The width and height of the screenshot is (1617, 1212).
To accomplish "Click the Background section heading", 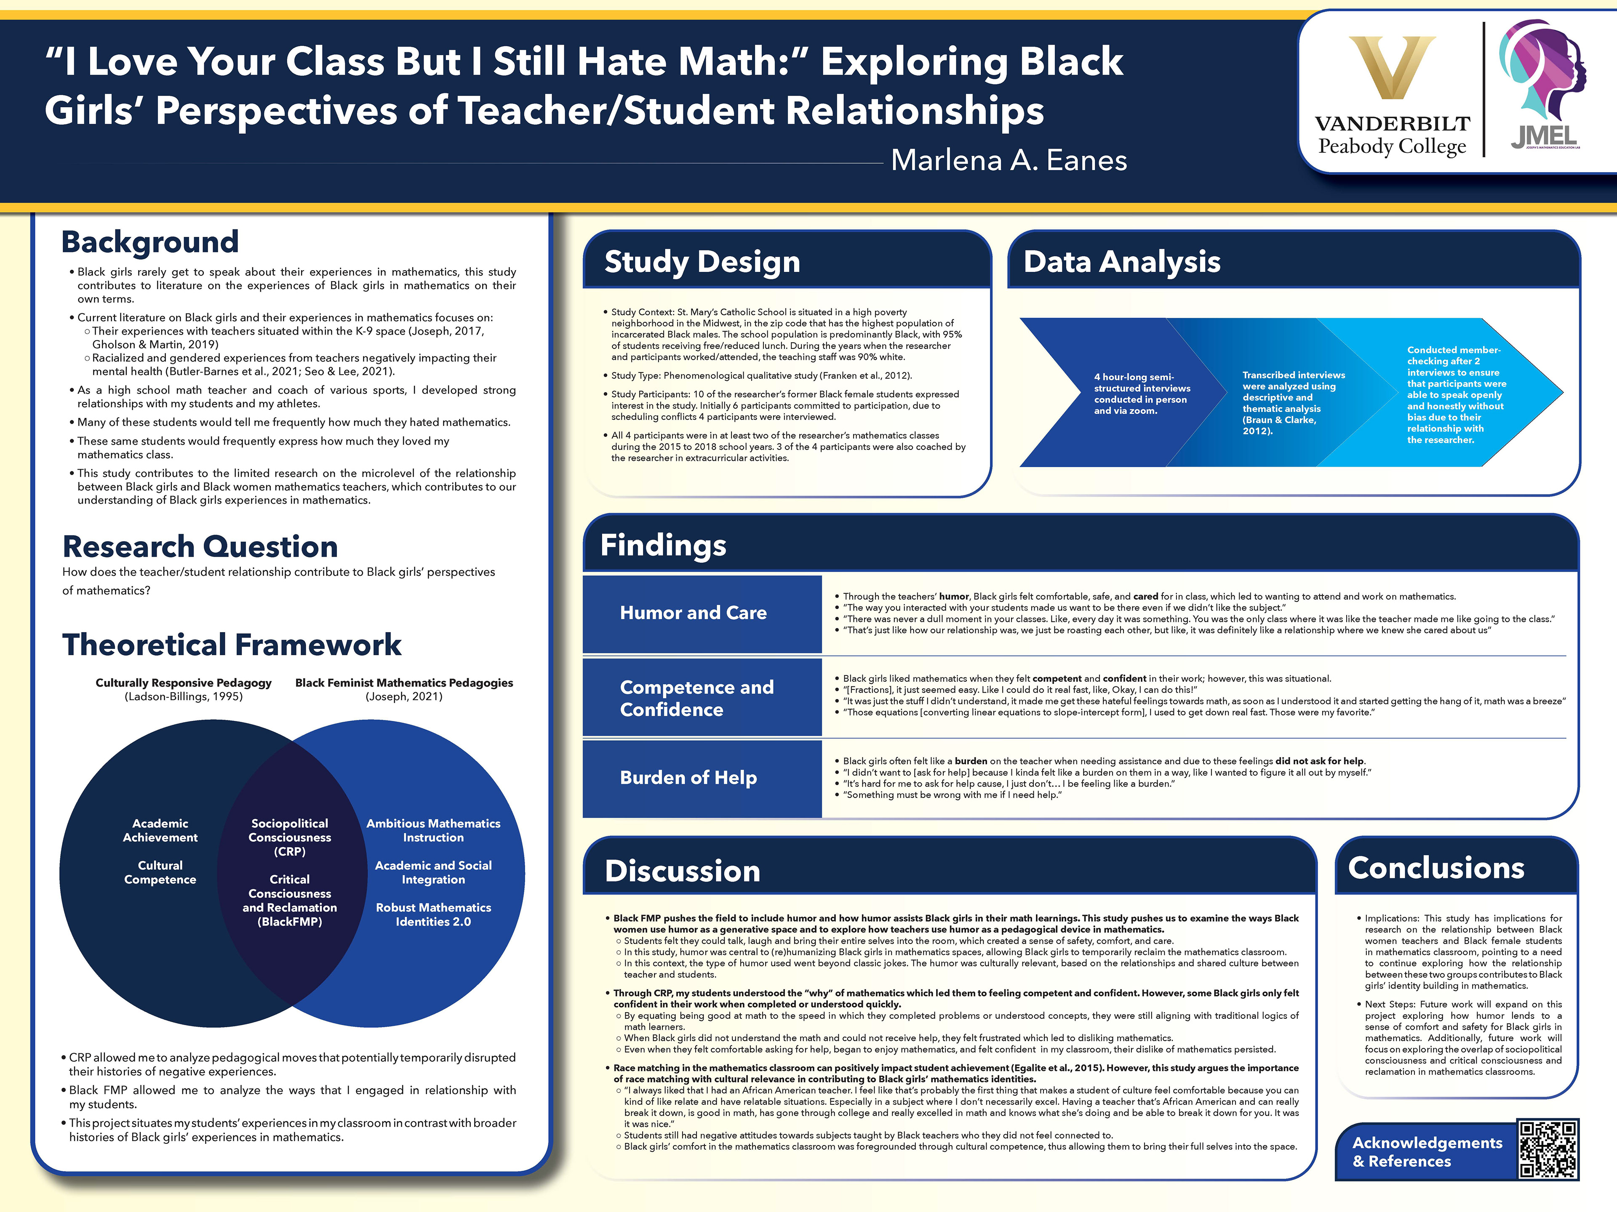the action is coord(150,242).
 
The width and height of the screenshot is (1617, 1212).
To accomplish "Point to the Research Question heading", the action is coord(200,547).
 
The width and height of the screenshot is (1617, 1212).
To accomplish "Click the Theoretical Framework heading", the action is coord(232,644).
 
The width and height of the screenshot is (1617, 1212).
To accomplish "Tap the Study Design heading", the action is coord(702,261).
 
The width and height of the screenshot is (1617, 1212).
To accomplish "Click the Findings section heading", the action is coord(663,545).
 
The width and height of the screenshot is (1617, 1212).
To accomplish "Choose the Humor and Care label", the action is coord(693,613).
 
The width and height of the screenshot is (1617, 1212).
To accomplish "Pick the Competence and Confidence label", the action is coord(696,698).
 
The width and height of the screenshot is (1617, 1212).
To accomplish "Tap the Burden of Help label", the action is coord(688,777).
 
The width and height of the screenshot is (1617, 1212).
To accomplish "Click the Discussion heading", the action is coord(682,871).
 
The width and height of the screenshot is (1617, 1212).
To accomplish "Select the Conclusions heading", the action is coord(1436,868).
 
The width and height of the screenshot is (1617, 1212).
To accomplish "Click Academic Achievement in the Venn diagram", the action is coord(160,830).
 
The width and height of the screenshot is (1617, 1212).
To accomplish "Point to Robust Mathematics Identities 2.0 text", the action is coord(433,914).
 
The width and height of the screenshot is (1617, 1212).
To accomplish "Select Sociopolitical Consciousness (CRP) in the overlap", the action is coord(289,837).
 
